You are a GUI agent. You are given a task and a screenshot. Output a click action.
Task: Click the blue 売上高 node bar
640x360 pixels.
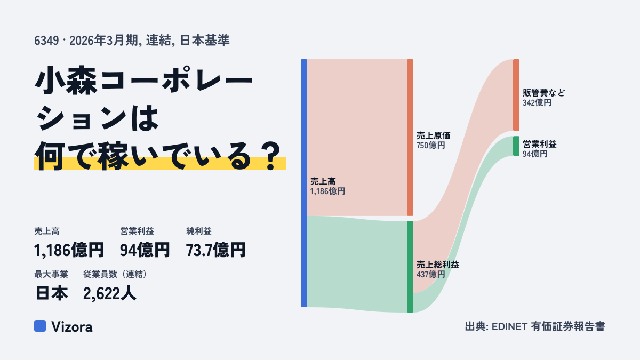click(x=304, y=183)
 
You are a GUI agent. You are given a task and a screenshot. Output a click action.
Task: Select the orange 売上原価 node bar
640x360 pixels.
click(x=410, y=138)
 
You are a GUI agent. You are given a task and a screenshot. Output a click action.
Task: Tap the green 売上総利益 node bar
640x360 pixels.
click(x=410, y=267)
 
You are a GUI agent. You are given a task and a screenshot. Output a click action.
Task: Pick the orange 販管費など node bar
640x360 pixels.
click(x=516, y=95)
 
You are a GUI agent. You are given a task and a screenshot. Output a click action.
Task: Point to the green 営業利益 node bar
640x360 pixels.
click(x=516, y=146)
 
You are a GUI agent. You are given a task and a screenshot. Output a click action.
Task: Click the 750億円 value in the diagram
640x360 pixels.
click(x=430, y=146)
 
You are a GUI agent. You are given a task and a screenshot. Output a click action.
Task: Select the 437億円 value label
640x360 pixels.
click(x=430, y=275)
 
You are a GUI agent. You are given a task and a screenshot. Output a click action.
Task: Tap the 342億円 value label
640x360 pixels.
click(x=537, y=102)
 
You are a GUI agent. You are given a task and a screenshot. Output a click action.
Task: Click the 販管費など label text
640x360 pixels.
click(x=543, y=93)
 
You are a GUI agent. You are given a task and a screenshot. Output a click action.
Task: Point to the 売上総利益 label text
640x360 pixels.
click(x=438, y=265)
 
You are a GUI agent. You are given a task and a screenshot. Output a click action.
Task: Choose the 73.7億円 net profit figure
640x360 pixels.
click(x=215, y=250)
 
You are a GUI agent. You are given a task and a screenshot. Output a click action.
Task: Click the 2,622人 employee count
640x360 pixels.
click(x=109, y=293)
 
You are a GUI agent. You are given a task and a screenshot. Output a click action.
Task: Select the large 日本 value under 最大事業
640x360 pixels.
click(x=52, y=293)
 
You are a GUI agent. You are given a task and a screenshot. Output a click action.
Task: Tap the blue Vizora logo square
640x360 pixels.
click(x=40, y=326)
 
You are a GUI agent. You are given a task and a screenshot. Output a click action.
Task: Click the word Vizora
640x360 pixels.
click(x=71, y=327)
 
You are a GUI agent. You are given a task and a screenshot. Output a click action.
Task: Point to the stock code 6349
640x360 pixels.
click(x=46, y=41)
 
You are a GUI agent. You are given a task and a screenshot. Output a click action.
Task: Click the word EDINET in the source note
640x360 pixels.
click(x=509, y=326)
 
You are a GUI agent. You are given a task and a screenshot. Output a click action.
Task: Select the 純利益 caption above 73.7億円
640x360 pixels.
click(x=199, y=231)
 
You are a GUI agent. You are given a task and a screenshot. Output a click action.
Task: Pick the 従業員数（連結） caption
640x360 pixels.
click(x=115, y=274)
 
